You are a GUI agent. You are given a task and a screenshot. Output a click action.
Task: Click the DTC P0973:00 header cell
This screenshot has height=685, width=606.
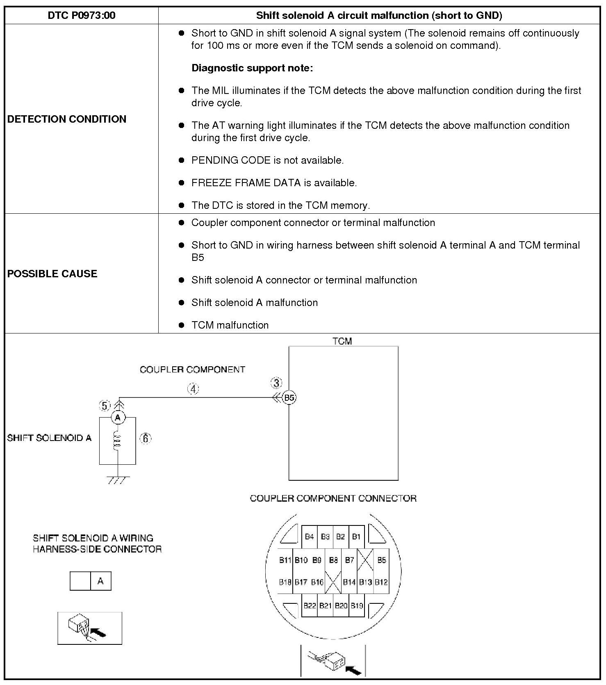82,16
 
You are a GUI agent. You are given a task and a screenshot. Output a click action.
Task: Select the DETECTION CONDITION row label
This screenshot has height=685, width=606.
67,119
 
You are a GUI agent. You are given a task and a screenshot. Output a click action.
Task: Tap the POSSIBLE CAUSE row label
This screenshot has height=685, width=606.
52,274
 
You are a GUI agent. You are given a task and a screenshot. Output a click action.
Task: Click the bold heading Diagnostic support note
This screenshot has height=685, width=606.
252,68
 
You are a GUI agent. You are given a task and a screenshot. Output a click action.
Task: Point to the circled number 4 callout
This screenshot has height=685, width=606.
193,389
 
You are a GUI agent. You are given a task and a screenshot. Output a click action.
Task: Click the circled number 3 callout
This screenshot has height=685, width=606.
276,383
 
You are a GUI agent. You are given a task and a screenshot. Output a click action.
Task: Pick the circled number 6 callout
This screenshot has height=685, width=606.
146,438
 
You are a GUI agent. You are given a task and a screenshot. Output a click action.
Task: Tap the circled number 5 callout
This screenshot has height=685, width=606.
105,406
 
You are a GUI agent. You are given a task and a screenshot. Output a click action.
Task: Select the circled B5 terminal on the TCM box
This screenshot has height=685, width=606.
289,397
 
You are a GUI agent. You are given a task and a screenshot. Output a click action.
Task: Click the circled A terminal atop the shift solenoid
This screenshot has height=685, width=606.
118,418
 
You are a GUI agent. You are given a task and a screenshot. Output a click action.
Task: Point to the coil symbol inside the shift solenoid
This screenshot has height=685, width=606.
118,440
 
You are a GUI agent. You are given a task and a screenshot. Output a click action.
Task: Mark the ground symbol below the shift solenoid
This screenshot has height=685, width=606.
118,479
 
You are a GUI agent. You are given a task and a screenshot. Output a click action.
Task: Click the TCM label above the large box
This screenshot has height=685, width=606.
342,341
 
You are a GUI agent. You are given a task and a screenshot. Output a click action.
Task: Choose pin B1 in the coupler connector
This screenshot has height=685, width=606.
356,537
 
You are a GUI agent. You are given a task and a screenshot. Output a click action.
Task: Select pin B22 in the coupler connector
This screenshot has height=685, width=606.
310,605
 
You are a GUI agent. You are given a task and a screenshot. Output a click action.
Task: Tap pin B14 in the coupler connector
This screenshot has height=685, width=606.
349,582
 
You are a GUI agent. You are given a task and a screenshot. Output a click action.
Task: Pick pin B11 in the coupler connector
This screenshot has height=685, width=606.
285,560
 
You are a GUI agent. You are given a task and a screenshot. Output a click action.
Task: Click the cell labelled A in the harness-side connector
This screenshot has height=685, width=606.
100,581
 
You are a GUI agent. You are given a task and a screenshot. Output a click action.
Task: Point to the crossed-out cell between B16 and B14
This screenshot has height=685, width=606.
333,582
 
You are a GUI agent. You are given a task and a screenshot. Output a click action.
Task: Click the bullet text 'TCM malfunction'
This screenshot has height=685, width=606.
230,325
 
